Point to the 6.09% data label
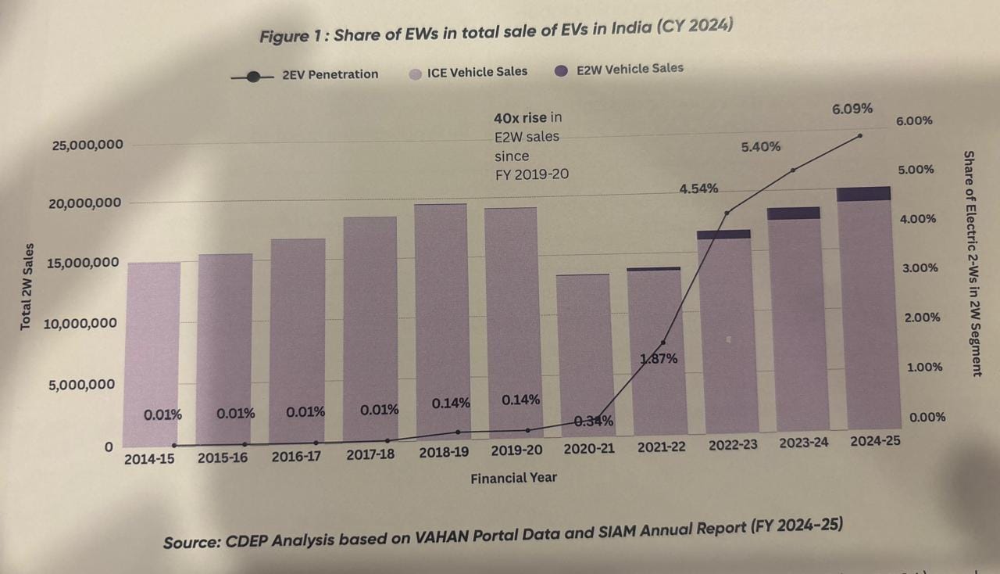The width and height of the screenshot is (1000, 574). point(852,109)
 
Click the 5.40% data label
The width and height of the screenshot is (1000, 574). point(760,146)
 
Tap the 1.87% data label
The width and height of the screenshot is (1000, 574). point(659,359)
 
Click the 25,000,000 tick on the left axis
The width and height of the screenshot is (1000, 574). point(87,145)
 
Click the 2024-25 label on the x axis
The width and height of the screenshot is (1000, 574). point(875,440)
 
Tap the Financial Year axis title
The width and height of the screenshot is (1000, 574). point(513,478)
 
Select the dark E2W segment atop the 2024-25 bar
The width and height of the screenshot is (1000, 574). point(863,194)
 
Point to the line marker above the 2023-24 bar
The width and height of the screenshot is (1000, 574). point(793,170)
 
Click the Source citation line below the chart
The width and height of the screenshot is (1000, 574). point(503,533)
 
